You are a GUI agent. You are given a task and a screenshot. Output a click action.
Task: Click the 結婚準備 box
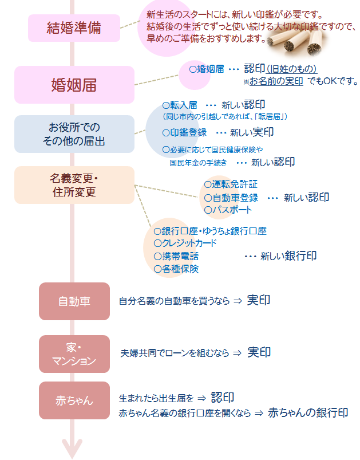tap(74, 28)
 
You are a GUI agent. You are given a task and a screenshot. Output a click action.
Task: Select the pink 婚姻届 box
tap(74, 85)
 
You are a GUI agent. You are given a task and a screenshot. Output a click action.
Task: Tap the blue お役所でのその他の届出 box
tap(74, 134)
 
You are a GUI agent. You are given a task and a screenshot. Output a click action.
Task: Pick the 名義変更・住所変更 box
tap(74, 185)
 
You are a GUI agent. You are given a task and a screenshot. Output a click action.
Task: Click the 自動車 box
tap(74, 301)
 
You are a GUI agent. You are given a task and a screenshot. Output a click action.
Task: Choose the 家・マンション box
tap(74, 354)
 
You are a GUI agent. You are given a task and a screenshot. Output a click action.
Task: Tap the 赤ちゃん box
tap(74, 400)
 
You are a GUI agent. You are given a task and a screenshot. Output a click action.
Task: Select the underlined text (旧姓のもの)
tap(291, 69)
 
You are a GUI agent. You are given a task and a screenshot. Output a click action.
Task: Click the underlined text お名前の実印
tap(276, 81)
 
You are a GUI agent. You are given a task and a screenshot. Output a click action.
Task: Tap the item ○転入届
tap(179, 105)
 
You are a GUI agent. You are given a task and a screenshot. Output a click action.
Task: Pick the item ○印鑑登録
tap(184, 132)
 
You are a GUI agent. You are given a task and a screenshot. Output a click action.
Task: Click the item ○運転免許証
tap(231, 184)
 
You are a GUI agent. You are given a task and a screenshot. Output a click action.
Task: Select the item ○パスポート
tap(228, 210)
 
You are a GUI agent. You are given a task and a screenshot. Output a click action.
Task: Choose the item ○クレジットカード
tap(185, 243)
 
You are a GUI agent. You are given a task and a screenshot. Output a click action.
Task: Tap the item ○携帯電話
tap(176, 256)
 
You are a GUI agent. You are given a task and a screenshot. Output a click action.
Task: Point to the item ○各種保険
tap(176, 269)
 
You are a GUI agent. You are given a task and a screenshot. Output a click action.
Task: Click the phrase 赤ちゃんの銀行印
tap(308, 412)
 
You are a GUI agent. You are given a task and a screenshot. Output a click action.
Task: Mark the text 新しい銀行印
tap(288, 256)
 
